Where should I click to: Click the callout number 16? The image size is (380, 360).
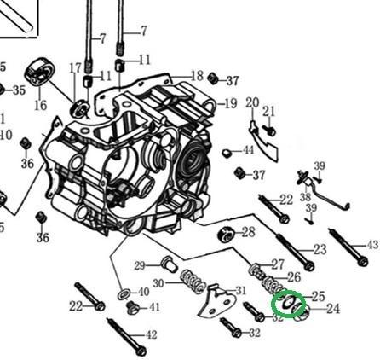tap(40, 105)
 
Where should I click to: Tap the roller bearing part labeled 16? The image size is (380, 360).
tap(40, 73)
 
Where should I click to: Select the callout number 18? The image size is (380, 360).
tap(198, 76)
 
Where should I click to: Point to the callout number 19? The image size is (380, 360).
tap(231, 104)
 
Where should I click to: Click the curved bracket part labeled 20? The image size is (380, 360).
tap(263, 140)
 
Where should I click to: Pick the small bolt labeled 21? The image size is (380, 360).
tap(270, 131)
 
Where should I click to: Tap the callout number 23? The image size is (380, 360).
tap(320, 250)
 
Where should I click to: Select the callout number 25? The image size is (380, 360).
tap(319, 297)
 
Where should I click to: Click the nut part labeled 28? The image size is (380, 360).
tap(227, 235)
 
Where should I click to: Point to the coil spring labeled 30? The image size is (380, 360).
tap(193, 282)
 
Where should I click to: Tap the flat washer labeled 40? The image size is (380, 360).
tap(124, 294)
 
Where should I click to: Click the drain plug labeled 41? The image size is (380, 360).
tap(133, 308)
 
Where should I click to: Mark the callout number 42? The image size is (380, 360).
tap(152, 334)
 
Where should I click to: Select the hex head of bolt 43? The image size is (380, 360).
tap(363, 261)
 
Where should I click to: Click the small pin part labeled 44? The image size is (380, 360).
tap(227, 154)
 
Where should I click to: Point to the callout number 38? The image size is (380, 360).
tap(306, 196)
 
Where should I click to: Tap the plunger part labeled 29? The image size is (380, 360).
tap(170, 264)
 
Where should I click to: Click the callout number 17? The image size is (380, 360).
tap(76, 68)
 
